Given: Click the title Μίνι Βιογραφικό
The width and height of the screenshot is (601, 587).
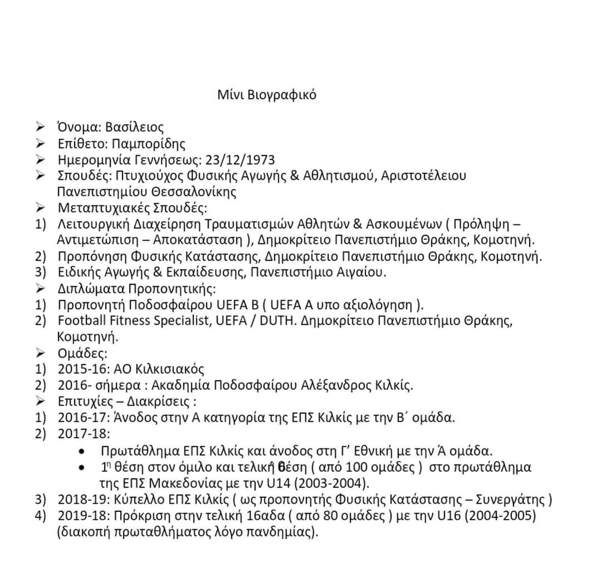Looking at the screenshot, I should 267,95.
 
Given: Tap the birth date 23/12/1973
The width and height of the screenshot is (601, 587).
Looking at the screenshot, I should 240,160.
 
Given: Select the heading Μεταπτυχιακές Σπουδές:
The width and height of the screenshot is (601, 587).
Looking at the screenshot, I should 132,208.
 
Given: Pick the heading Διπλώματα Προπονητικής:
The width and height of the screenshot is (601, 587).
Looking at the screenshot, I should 136,289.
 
